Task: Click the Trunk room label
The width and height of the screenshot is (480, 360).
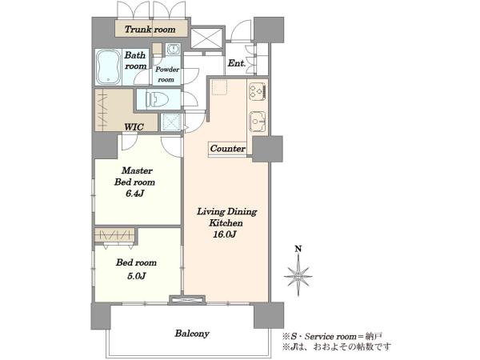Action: [150, 30]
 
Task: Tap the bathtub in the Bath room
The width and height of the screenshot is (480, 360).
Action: [109, 67]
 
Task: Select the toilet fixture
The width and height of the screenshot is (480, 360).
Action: [158, 99]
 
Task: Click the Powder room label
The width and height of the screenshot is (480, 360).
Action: [167, 74]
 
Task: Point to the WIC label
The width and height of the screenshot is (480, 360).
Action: [134, 126]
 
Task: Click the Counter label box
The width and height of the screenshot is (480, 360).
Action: [227, 149]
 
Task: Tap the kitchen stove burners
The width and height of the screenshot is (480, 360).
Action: [258, 91]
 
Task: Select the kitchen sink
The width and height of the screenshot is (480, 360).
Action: [258, 122]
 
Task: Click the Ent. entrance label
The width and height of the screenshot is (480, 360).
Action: [237, 63]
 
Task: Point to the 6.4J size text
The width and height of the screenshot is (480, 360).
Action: [134, 194]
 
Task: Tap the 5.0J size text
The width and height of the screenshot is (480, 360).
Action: [136, 276]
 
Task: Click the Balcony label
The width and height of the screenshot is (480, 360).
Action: [192, 334]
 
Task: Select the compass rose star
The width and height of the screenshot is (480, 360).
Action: [298, 277]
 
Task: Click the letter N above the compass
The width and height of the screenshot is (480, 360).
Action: [298, 249]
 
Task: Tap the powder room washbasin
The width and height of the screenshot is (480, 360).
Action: [174, 49]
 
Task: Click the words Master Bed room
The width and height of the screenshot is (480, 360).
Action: [134, 176]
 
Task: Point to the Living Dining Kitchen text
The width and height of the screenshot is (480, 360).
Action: [226, 217]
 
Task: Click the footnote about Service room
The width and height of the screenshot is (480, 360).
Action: [333, 337]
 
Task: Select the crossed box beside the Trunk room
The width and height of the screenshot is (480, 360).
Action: [206, 38]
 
